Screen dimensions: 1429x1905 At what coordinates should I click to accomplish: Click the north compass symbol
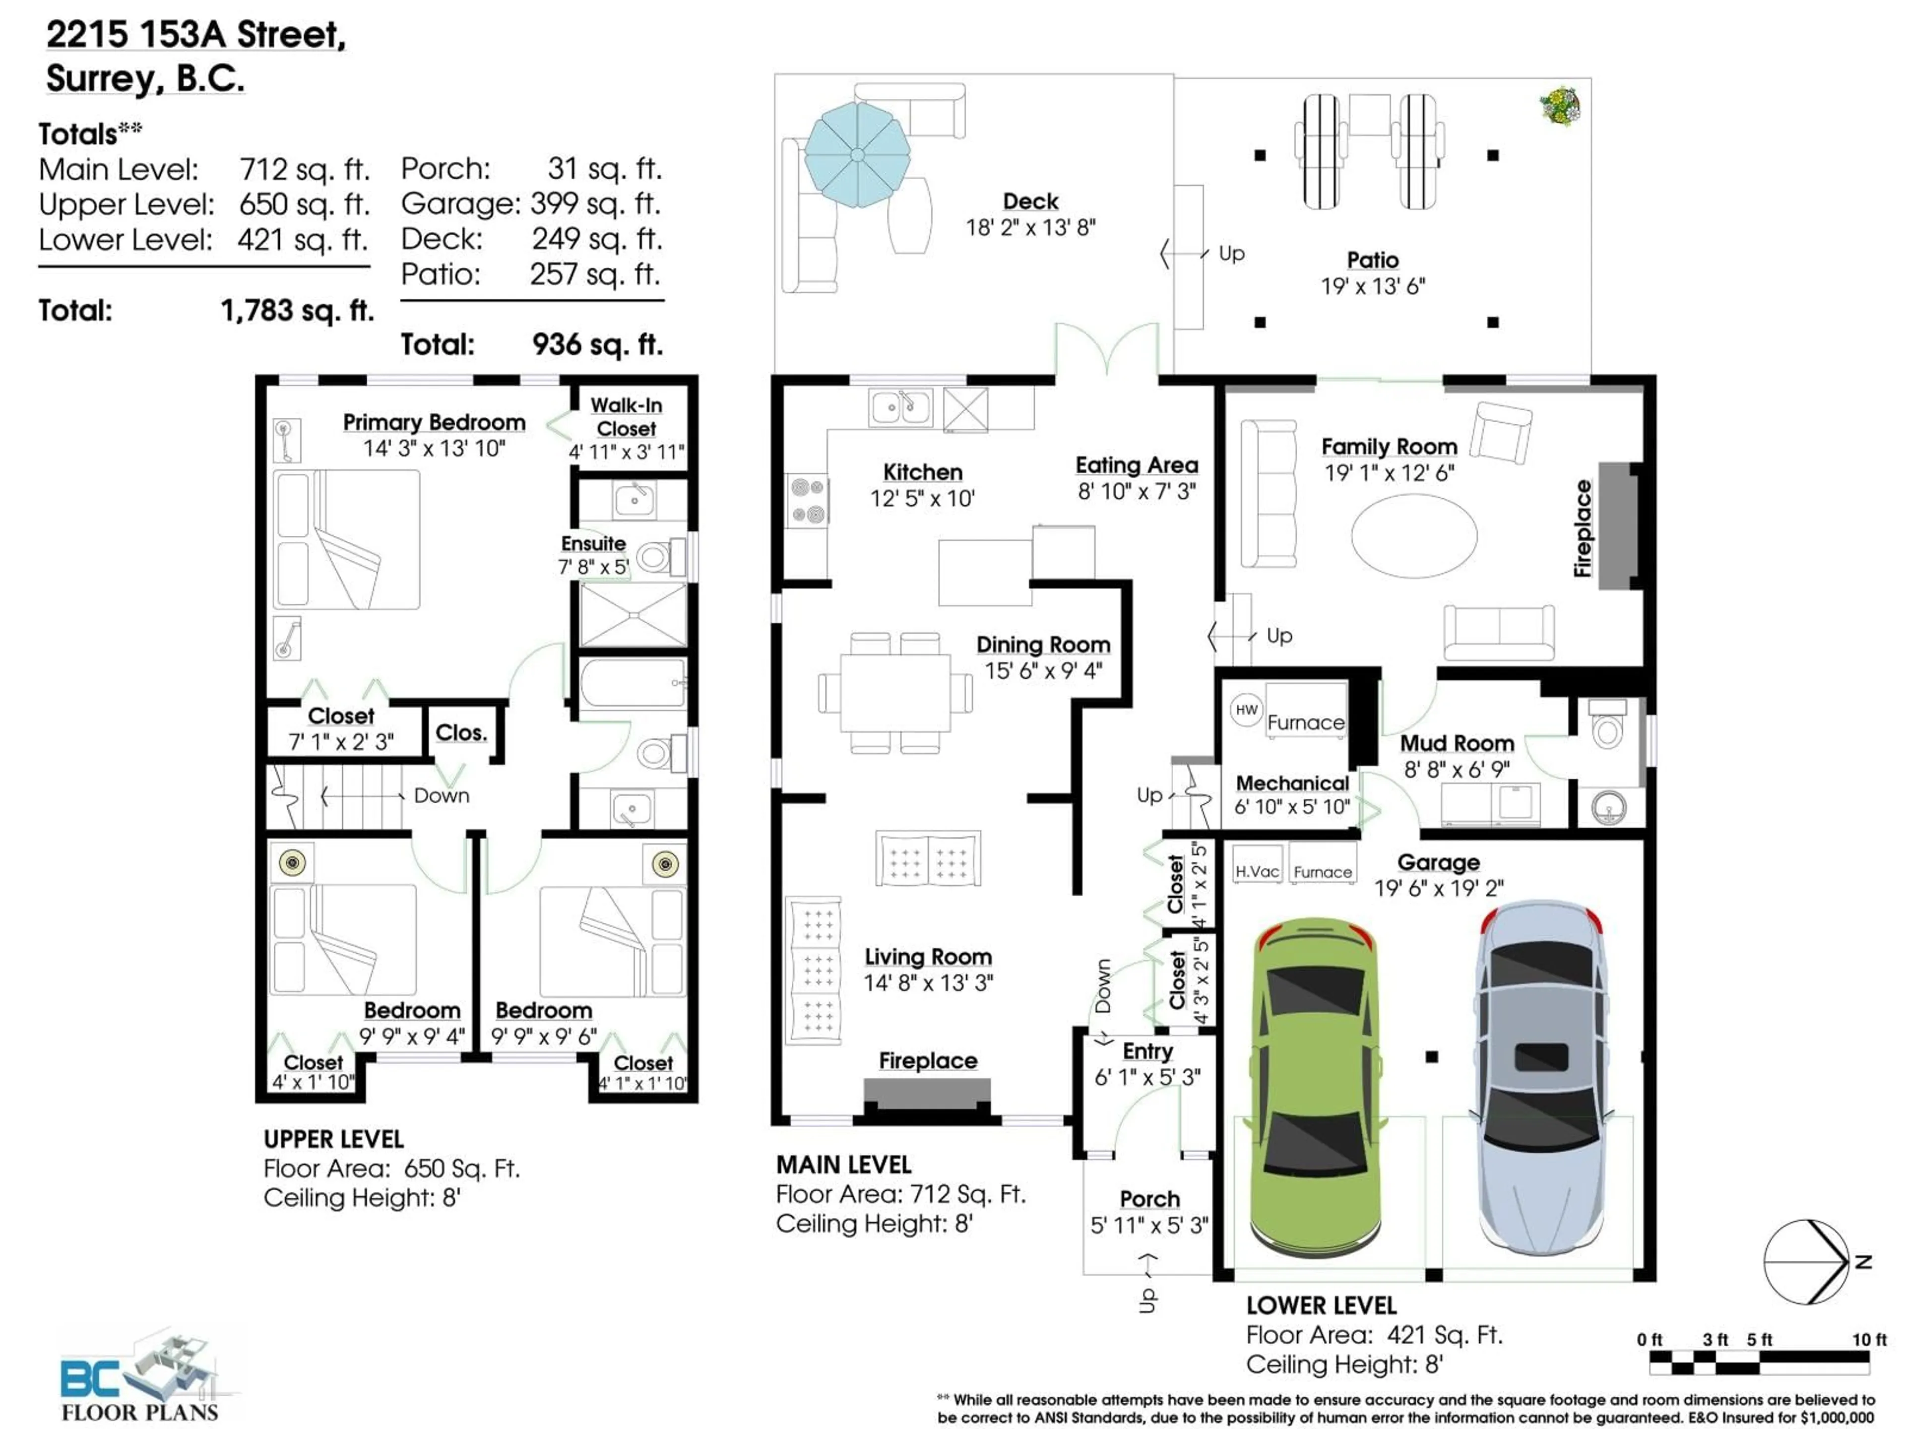(1806, 1262)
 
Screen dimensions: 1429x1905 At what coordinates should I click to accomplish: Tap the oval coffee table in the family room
(1413, 535)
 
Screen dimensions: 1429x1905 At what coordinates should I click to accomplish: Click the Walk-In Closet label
(626, 417)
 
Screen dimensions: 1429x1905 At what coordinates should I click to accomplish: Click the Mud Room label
(1457, 742)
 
